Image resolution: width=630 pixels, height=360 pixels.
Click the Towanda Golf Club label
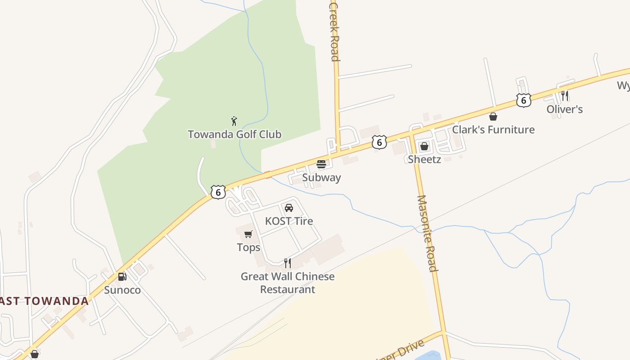tap(234, 134)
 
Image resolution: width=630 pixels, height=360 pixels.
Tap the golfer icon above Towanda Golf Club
tap(234, 121)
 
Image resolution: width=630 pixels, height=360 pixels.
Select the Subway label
tap(321, 177)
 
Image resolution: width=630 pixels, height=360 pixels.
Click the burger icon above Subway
tap(321, 164)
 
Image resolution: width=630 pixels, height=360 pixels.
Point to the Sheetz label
tap(424, 159)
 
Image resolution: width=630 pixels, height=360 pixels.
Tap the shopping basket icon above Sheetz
tap(424, 146)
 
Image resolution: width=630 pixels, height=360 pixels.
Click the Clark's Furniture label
tap(493, 130)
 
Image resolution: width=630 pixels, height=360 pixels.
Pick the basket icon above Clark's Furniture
tap(493, 117)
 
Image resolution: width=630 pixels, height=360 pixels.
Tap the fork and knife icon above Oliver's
tap(565, 95)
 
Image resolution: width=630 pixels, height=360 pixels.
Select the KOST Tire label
tap(289, 221)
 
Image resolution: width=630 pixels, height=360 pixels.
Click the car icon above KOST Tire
tap(289, 207)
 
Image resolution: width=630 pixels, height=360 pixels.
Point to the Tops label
tap(248, 247)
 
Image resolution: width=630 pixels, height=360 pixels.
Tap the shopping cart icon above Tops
tap(248, 234)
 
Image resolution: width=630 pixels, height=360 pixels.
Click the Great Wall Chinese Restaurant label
tap(288, 283)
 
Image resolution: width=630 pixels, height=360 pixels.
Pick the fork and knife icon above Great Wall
tap(288, 263)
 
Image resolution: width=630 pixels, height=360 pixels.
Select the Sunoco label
tap(122, 290)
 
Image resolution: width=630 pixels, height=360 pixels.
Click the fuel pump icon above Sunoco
tap(122, 277)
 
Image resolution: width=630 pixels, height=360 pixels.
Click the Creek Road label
tap(334, 31)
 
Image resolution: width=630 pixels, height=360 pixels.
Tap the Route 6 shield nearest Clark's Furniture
tap(524, 100)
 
